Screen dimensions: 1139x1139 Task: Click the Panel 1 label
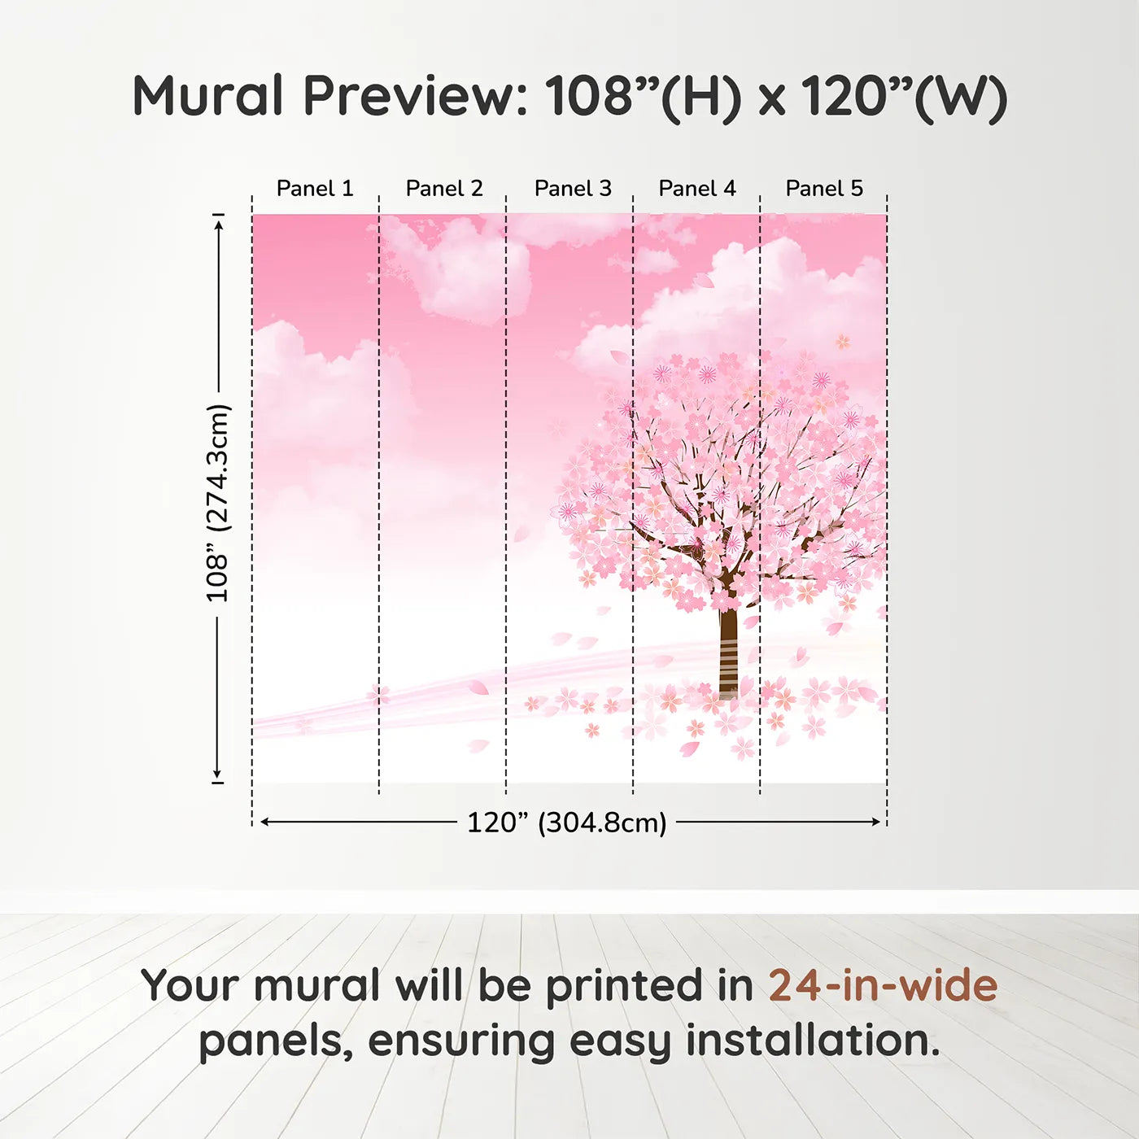click(315, 189)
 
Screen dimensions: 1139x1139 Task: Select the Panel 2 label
click(444, 189)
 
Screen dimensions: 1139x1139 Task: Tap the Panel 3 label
click(573, 189)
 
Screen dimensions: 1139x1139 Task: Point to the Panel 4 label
click(697, 189)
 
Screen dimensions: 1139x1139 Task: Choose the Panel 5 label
click(824, 189)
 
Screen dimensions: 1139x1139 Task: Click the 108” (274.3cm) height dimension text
click(218, 503)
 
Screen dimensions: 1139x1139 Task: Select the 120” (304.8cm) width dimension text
click(566, 823)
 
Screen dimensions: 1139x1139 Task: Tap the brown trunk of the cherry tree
click(728, 651)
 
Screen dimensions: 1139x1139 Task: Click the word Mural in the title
click(207, 96)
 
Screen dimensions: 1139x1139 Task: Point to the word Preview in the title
click(415, 96)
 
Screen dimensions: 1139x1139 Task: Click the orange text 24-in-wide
click(883, 985)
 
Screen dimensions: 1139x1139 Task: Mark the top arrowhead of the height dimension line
click(218, 221)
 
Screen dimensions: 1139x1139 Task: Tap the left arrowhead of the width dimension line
click(264, 822)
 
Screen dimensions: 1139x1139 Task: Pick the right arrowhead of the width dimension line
click(876, 822)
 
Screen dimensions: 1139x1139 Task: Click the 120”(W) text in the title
click(904, 97)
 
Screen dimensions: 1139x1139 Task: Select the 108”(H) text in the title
click(643, 97)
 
